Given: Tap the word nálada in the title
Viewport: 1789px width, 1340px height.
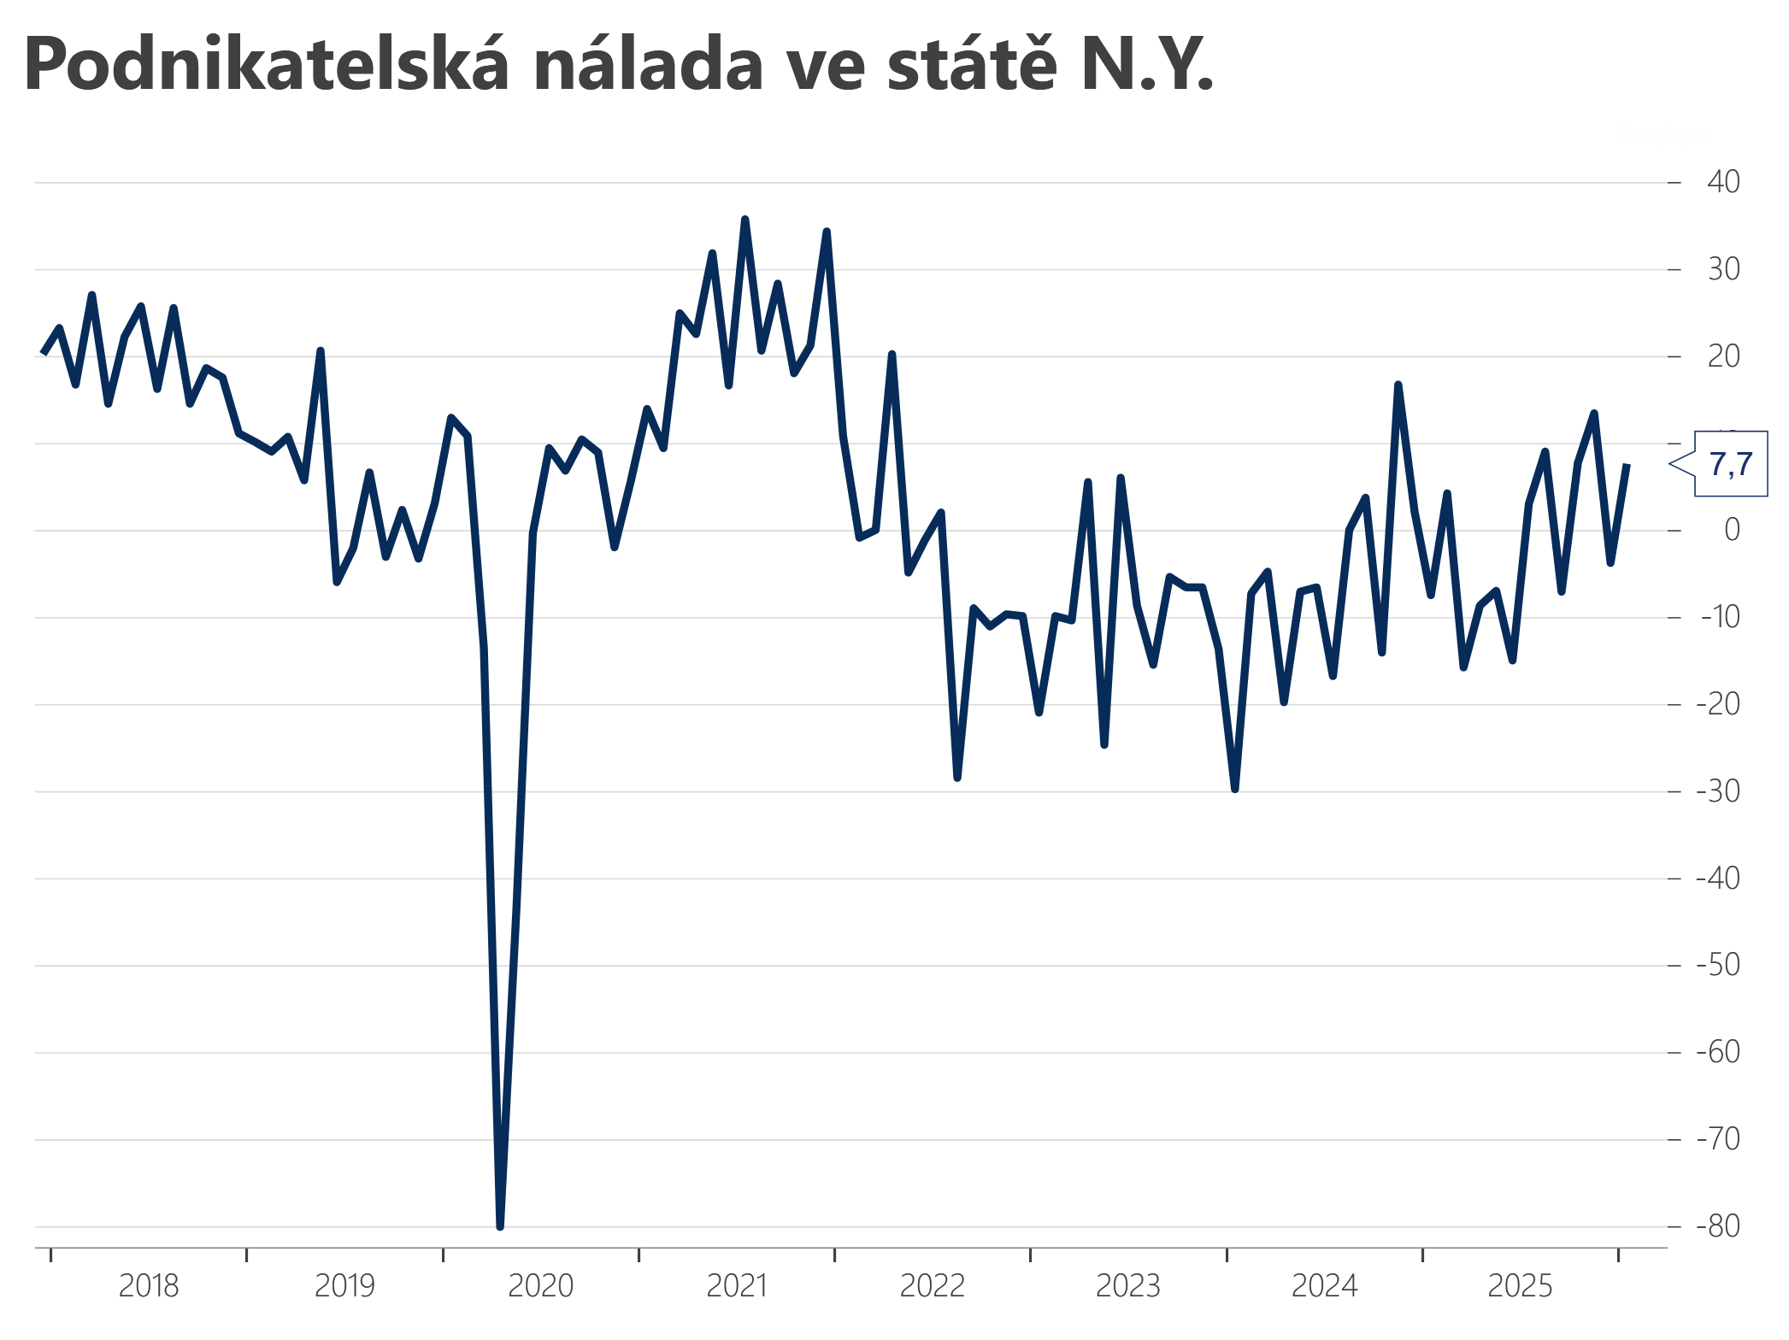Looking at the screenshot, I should pos(648,65).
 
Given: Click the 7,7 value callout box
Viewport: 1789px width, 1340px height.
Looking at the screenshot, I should pos(1731,464).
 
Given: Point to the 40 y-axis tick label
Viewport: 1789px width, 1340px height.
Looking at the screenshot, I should pos(1723,182).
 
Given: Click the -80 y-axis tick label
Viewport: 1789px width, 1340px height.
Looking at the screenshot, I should pos(1718,1226).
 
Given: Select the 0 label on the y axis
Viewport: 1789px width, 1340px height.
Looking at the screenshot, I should pos(1732,530).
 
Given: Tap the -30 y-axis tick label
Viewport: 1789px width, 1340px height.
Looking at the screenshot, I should pos(1718,791).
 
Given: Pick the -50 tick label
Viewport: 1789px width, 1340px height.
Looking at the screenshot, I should pos(1718,966).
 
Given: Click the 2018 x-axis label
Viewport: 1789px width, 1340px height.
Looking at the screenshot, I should pos(149,1286).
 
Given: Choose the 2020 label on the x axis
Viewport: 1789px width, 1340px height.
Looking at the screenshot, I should pos(540,1286).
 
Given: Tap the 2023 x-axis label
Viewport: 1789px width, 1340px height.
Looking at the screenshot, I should pos(1128,1286).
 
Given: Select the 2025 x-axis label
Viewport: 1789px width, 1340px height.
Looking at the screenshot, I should pos(1520,1286).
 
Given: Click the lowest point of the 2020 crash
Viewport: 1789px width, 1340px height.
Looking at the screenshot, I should pos(500,1227).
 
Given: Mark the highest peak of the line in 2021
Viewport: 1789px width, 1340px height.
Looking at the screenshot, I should pos(744,220).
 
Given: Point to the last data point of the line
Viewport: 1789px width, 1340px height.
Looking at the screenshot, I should pos(1627,465).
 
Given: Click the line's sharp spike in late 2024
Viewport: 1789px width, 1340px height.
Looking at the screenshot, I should pos(1398,385).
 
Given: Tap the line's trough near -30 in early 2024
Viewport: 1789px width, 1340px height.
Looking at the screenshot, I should pos(1235,789).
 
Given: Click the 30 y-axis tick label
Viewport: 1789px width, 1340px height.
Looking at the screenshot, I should pos(1723,269).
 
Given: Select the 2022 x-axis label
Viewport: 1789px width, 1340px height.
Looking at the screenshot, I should pos(932,1286).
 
